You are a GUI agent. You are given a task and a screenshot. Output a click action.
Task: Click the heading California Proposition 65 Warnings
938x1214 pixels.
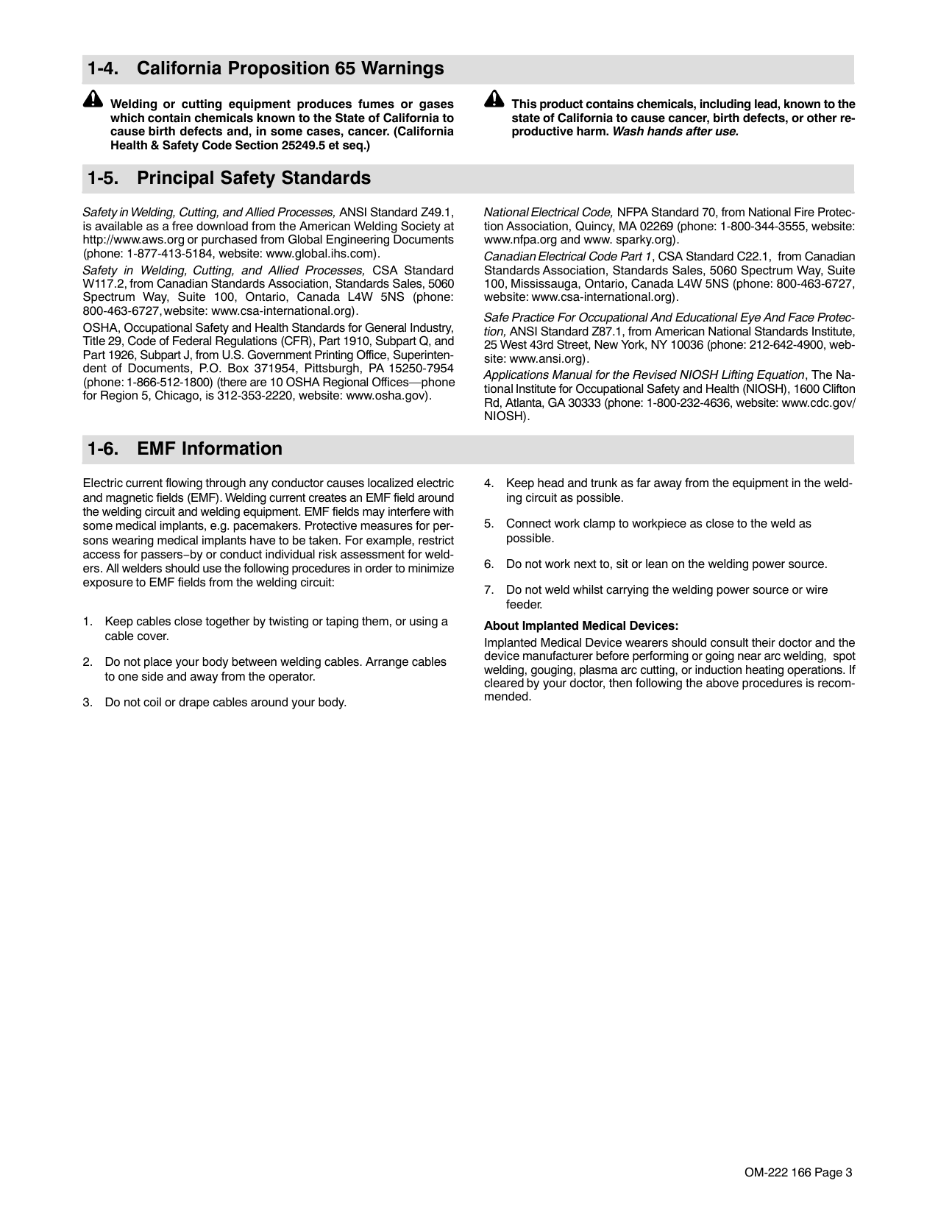pos(265,69)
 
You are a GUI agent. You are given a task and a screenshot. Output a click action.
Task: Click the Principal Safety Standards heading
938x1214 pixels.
pos(228,179)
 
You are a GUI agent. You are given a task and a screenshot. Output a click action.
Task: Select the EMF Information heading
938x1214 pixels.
pos(184,449)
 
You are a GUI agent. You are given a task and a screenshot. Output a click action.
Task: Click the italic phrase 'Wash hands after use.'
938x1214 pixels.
pos(675,132)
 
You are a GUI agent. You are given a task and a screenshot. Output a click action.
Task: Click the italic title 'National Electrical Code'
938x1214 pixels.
pos(548,213)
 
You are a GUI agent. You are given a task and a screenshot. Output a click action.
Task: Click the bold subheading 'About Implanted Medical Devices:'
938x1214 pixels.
pos(581,626)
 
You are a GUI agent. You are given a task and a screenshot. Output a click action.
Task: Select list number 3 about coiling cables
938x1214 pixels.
pos(88,703)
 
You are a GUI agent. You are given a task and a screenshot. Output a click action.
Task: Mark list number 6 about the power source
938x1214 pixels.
pos(488,564)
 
